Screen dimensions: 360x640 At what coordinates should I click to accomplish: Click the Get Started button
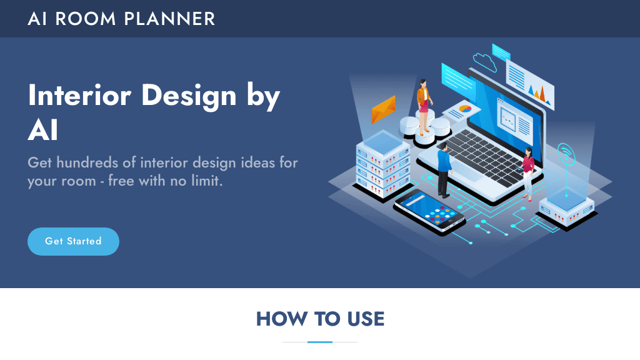point(73,241)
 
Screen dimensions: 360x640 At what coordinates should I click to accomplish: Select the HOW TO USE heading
point(320,319)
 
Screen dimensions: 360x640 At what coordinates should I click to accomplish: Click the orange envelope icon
point(383,109)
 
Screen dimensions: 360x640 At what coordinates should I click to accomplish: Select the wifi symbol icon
point(566,152)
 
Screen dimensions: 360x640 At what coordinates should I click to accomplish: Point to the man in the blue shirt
point(444,169)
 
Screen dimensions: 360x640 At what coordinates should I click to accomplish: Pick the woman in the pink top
point(528,172)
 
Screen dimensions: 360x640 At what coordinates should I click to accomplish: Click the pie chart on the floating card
point(465,109)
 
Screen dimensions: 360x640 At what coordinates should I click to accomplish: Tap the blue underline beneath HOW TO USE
point(320,342)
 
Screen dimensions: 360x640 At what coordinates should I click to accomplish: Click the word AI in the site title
point(37,19)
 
